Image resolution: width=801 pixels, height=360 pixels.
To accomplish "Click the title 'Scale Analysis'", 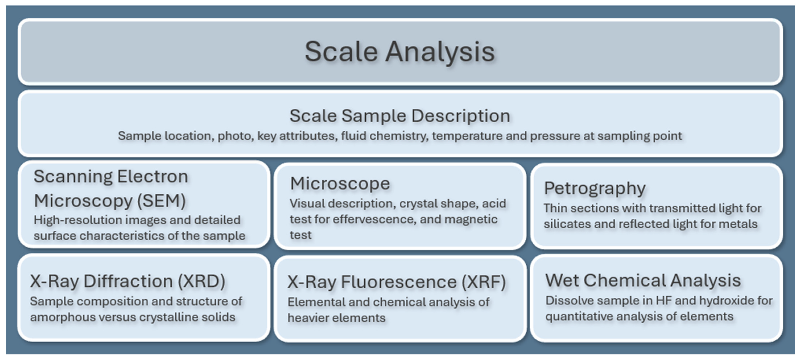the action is point(400,52).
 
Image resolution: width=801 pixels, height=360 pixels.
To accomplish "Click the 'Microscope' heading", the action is point(340,183).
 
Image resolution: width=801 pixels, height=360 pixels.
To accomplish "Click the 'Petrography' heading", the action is point(595,188).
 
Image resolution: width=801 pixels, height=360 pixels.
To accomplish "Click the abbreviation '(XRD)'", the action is point(202,281).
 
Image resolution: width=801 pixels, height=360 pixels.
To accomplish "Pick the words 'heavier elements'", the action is point(336,318).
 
